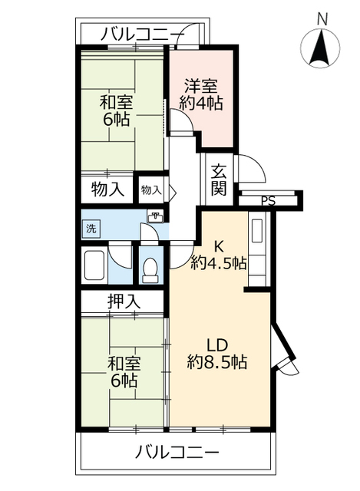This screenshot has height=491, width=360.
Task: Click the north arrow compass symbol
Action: [322, 48]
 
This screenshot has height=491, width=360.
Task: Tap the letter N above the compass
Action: [322, 17]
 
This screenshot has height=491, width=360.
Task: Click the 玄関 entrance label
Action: [220, 180]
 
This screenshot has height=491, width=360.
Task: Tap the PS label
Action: [266, 201]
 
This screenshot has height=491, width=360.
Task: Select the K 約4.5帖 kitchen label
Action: [218, 255]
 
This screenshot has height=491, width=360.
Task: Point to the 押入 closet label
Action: [124, 302]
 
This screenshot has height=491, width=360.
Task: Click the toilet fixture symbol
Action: [150, 268]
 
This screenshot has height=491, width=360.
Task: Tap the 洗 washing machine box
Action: [91, 228]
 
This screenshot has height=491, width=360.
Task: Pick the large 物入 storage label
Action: [107, 189]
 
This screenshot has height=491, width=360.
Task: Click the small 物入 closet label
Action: [150, 189]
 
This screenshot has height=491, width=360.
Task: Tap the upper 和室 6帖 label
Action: [114, 110]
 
